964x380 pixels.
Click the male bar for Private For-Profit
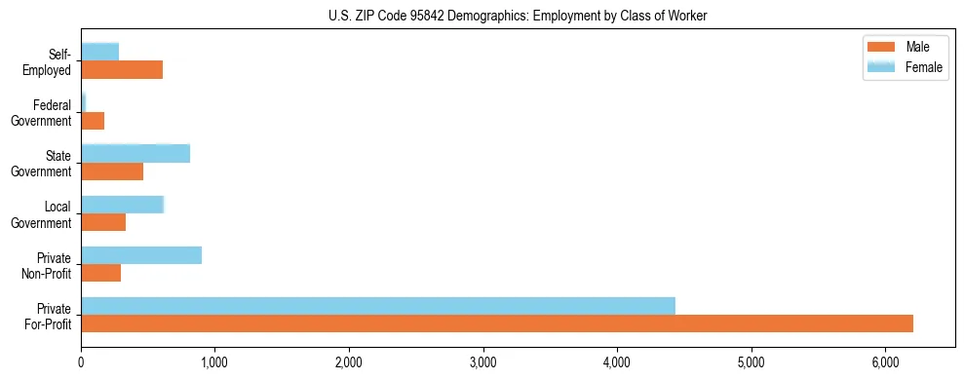pyautogui.click(x=497, y=323)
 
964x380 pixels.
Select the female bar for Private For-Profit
pyautogui.click(x=378, y=306)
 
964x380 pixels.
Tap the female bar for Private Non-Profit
pyautogui.click(x=141, y=255)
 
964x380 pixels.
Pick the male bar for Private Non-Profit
pyautogui.click(x=101, y=273)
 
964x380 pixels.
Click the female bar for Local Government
pyautogui.click(x=123, y=205)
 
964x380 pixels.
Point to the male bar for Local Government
pyautogui.click(x=103, y=222)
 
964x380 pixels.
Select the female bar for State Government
pyautogui.click(x=135, y=153)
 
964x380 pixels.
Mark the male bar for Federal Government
pyautogui.click(x=93, y=121)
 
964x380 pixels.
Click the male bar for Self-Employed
pyautogui.click(x=122, y=70)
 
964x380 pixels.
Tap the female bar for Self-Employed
pyautogui.click(x=100, y=52)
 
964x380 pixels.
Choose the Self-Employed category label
pyautogui.click(x=53, y=61)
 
